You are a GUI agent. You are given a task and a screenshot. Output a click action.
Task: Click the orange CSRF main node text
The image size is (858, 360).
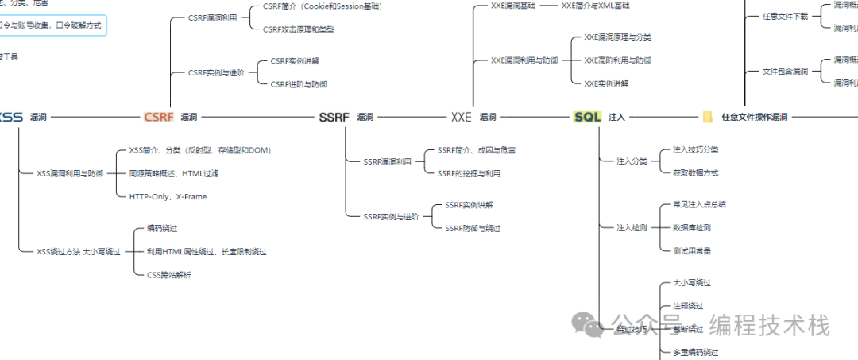tap(158, 117)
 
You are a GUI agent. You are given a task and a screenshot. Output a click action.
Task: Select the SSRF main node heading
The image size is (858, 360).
tap(334, 117)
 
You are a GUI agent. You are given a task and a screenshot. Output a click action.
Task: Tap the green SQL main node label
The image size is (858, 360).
tap(587, 117)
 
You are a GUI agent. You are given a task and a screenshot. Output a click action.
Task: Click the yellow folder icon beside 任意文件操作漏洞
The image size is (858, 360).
tap(707, 117)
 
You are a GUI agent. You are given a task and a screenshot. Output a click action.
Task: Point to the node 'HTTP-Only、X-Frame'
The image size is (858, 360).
tap(168, 196)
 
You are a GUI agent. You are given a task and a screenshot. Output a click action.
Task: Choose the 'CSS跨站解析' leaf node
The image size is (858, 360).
tap(168, 275)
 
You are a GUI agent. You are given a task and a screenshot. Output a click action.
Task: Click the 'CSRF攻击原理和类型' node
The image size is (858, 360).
tap(298, 29)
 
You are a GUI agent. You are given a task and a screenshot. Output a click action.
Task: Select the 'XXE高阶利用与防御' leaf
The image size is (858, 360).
tap(622, 60)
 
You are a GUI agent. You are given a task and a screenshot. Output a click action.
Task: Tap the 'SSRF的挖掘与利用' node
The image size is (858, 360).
tap(469, 173)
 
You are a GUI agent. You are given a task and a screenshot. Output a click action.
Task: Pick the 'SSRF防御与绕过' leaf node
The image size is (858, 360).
tap(473, 228)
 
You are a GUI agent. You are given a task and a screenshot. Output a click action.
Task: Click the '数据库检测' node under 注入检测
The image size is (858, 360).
tap(691, 227)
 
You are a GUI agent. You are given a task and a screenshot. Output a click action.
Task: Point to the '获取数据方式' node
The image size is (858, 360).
tap(695, 172)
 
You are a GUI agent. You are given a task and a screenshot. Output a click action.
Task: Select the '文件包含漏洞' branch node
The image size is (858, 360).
tap(785, 72)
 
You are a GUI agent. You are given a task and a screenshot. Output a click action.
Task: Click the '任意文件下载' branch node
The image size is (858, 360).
tap(785, 16)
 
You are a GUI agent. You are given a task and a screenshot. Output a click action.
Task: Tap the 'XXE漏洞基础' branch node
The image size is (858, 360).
tap(513, 6)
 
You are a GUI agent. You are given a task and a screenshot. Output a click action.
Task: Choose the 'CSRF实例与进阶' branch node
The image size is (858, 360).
tap(216, 72)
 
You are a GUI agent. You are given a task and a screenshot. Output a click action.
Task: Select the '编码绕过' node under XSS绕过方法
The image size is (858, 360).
tap(163, 227)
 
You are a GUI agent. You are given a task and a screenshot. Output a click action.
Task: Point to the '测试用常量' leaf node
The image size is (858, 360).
tap(691, 250)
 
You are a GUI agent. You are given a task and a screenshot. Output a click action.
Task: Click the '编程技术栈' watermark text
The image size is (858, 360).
tap(769, 326)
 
